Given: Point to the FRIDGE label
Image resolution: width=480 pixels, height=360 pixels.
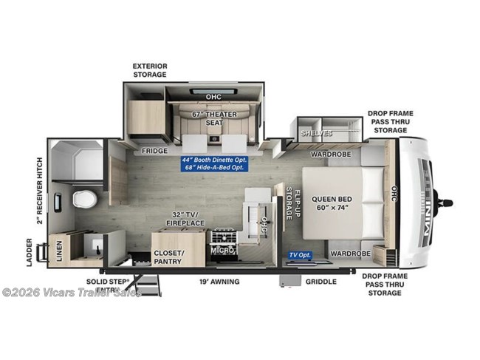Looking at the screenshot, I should (x=154, y=151).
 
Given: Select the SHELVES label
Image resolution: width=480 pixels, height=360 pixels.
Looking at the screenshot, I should (x=315, y=133).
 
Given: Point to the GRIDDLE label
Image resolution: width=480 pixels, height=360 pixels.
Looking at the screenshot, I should (x=320, y=282).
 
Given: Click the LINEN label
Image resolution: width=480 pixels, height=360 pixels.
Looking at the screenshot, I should (x=58, y=251).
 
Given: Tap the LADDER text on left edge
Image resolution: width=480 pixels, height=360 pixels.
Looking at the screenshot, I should (x=30, y=253).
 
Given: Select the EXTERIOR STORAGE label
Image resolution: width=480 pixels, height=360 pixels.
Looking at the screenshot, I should (x=150, y=70).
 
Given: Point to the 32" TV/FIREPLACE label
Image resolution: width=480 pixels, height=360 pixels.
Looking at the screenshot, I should (x=179, y=219).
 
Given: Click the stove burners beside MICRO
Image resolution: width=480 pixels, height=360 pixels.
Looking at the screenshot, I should (x=224, y=237).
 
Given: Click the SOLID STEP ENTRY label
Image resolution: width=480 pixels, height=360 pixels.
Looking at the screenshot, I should (x=104, y=285).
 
